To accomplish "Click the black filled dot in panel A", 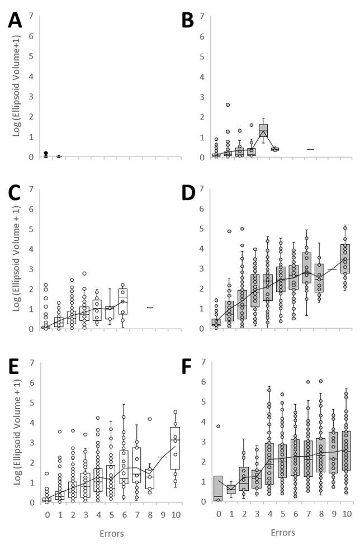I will (46, 153).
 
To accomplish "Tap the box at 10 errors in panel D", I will (346, 258).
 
